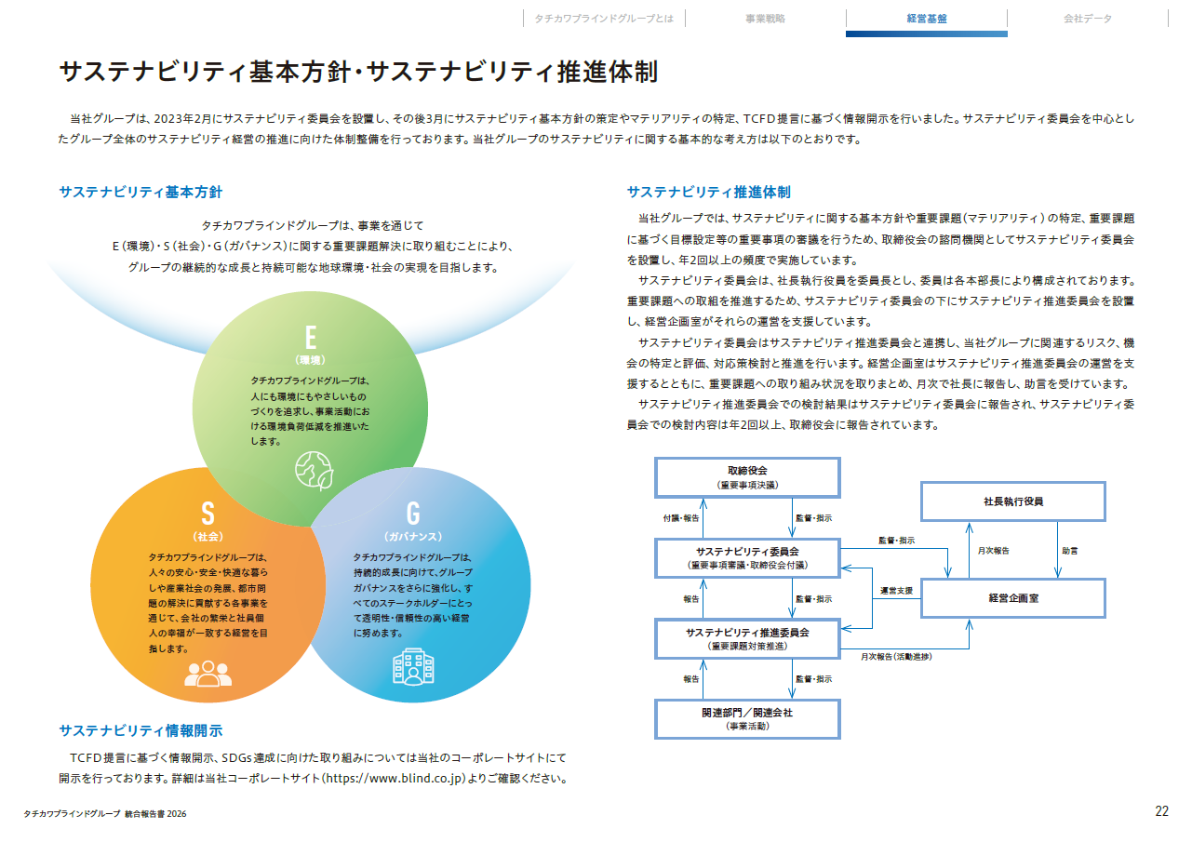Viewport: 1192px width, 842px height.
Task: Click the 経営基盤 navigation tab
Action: pyautogui.click(x=927, y=19)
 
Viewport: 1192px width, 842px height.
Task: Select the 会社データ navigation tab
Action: pyautogui.click(x=1087, y=19)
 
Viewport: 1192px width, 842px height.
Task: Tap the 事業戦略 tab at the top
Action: pyautogui.click(x=765, y=19)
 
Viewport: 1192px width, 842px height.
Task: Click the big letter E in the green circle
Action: pyautogui.click(x=311, y=337)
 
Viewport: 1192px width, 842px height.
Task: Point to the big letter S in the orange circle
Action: pyautogui.click(x=208, y=514)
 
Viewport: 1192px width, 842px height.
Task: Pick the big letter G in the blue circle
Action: pyautogui.click(x=413, y=514)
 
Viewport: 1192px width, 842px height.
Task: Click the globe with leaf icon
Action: pyautogui.click(x=315, y=471)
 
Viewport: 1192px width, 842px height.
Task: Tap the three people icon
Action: pyautogui.click(x=208, y=674)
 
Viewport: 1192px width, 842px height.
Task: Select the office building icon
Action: pyautogui.click(x=413, y=666)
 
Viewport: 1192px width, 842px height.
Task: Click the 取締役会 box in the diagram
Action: pyautogui.click(x=747, y=477)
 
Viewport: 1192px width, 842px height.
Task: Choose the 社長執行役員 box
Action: pyautogui.click(x=1013, y=501)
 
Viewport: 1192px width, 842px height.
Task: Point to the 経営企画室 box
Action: pyautogui.click(x=1013, y=598)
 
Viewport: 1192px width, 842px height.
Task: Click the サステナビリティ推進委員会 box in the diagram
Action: pyautogui.click(x=747, y=639)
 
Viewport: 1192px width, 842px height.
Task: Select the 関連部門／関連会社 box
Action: pyautogui.click(x=747, y=719)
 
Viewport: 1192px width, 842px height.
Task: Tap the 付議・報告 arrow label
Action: pyautogui.click(x=681, y=518)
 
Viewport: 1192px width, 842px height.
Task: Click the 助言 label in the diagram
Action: pyautogui.click(x=1069, y=551)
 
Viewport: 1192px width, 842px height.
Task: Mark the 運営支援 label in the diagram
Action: pyautogui.click(x=897, y=591)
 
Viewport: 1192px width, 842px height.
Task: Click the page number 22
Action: pyautogui.click(x=1161, y=811)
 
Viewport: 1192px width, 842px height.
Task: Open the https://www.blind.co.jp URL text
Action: pyautogui.click(x=394, y=778)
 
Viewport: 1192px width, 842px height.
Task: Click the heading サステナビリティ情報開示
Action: pyautogui.click(x=141, y=730)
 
